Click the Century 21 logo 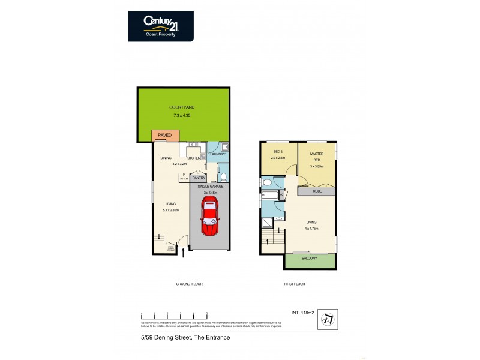pyautogui.click(x=161, y=26)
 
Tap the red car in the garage pyautogui.click(x=209, y=218)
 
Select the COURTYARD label pyautogui.click(x=182, y=107)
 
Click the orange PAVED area pyautogui.click(x=164, y=136)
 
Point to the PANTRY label pyautogui.click(x=199, y=178)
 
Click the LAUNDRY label pyautogui.click(x=217, y=154)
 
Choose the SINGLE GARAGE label pyautogui.click(x=209, y=187)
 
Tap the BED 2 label pyautogui.click(x=278, y=152)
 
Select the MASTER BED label pyautogui.click(x=317, y=157)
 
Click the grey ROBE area pyautogui.click(x=317, y=192)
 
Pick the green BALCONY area pyautogui.click(x=310, y=260)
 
